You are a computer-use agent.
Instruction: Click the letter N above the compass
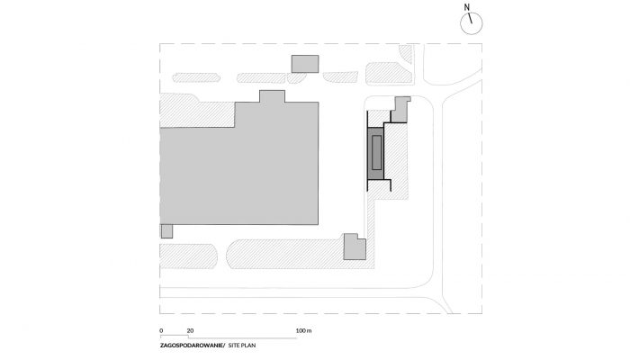(x=466, y=7)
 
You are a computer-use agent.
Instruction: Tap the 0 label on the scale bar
(x=161, y=330)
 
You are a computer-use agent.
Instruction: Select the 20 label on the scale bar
(x=190, y=330)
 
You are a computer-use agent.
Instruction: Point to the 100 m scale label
(x=304, y=330)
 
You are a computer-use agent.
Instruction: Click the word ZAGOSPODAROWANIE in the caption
(x=192, y=345)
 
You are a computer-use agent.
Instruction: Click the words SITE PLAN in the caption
(x=242, y=345)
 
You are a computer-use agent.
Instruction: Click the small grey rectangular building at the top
(x=305, y=64)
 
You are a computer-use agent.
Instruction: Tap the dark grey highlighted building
(x=376, y=153)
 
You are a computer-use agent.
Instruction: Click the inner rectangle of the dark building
(x=376, y=152)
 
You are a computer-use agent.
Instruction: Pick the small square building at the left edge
(x=166, y=231)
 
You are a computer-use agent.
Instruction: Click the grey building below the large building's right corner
(x=355, y=247)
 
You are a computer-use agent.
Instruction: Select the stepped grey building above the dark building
(x=400, y=109)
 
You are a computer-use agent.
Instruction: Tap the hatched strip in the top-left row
(x=196, y=77)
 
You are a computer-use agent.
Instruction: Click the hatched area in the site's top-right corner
(x=406, y=53)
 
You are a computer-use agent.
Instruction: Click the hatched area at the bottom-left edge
(x=188, y=256)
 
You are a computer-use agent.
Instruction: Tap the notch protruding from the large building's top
(x=272, y=96)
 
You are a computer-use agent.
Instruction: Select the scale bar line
(x=229, y=337)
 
